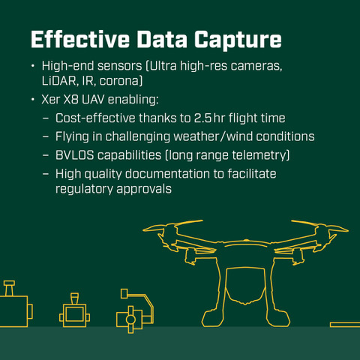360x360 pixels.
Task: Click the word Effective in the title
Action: [x=80, y=39]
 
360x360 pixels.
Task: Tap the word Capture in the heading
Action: [x=238, y=40]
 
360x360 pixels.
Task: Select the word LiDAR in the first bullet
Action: [x=60, y=81]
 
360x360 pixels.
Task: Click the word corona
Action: [x=119, y=81]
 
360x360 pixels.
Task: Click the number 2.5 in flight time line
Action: [x=203, y=118]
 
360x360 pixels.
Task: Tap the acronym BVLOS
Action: [x=74, y=155]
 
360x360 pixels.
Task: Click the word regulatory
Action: [x=84, y=190]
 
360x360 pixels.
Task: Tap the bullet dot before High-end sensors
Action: [x=33, y=66]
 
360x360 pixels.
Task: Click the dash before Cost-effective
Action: [x=46, y=118]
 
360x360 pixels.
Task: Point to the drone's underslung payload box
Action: [x=244, y=286]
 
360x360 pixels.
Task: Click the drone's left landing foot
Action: [x=211, y=319]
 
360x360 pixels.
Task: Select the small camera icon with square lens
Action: [x=74, y=310]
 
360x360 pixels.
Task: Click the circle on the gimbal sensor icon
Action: [x=130, y=319]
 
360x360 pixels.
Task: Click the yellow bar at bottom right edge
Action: [x=345, y=325]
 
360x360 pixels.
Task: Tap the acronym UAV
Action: [x=93, y=99]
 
